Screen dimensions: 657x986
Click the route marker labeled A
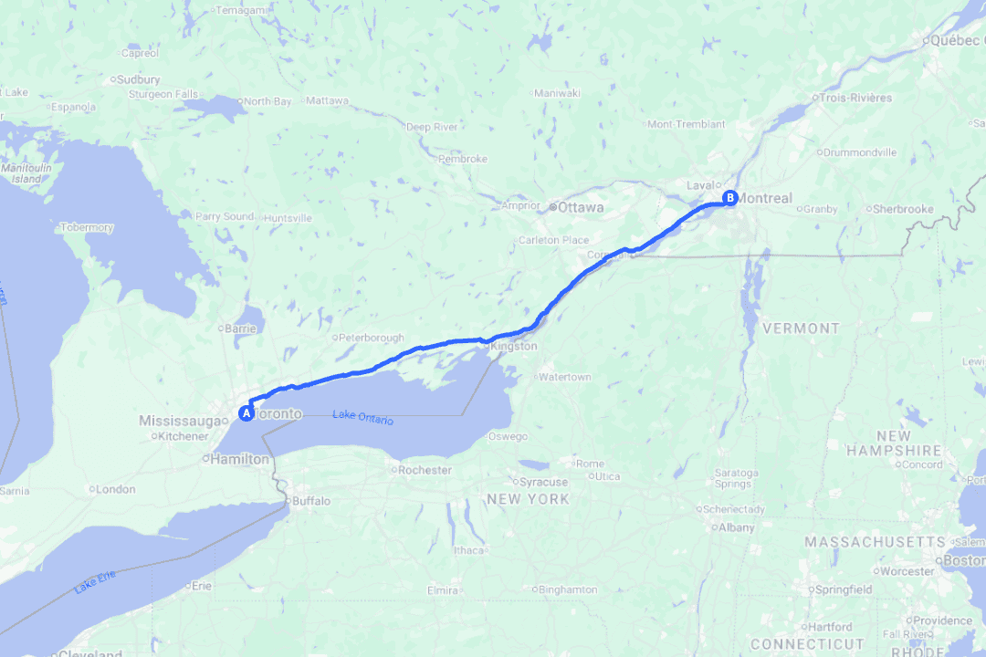[246, 413]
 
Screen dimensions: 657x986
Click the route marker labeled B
[729, 197]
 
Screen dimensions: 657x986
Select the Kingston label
[514, 347]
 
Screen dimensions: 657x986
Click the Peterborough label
[374, 338]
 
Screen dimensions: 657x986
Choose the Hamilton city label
[241, 460]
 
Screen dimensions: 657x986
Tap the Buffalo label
[310, 501]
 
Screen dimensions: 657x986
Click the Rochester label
[425, 470]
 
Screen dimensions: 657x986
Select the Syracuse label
[544, 482]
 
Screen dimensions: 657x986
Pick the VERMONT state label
[801, 328]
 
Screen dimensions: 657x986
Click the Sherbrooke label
[903, 209]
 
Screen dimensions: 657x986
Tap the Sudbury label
[140, 79]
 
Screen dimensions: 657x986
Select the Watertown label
[565, 377]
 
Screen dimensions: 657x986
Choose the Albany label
[737, 527]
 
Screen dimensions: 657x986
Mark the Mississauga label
[181, 421]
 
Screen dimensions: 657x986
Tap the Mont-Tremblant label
[687, 124]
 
